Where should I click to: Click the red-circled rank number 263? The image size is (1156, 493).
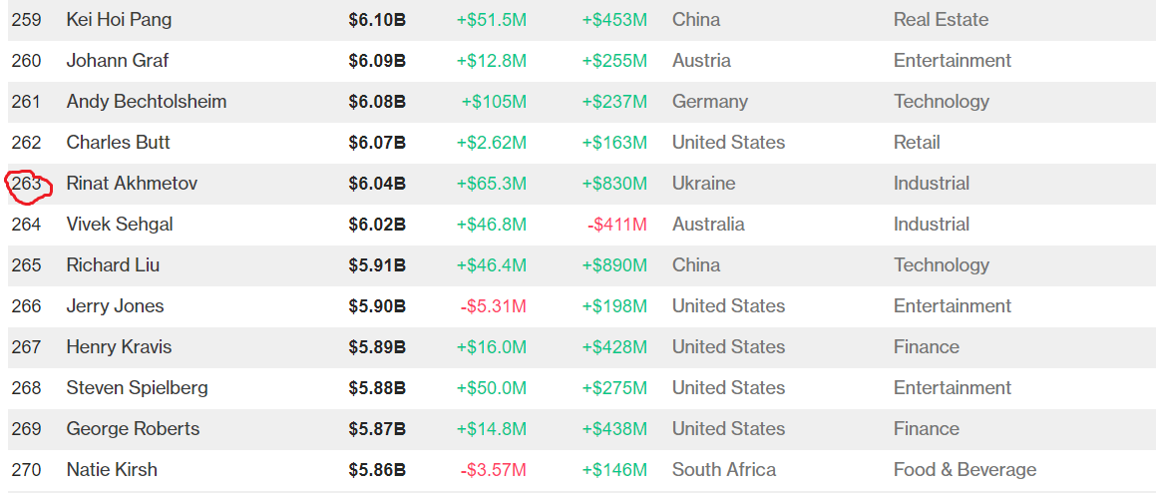pyautogui.click(x=27, y=184)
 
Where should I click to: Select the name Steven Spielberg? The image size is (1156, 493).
pyautogui.click(x=137, y=388)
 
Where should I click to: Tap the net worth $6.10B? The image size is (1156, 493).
pyautogui.click(x=377, y=20)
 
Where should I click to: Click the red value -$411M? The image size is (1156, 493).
pyautogui.click(x=616, y=225)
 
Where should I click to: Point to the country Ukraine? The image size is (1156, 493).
pyautogui.click(x=703, y=184)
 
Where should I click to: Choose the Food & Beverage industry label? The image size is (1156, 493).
pyautogui.click(x=964, y=470)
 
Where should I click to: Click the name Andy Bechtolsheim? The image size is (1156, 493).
pyautogui.click(x=146, y=102)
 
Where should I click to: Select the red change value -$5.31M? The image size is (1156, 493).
pyautogui.click(x=493, y=306)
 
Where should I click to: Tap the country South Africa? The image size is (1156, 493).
pyautogui.click(x=723, y=470)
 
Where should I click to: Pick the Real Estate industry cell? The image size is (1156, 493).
pyautogui.click(x=941, y=20)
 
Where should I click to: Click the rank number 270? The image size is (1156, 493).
pyautogui.click(x=27, y=470)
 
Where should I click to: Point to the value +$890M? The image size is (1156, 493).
pyautogui.click(x=614, y=265)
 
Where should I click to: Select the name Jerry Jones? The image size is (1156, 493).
pyautogui.click(x=115, y=306)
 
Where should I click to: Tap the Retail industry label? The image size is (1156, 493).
pyautogui.click(x=917, y=143)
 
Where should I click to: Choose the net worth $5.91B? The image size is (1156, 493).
pyautogui.click(x=377, y=265)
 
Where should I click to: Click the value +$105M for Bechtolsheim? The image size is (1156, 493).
pyautogui.click(x=494, y=102)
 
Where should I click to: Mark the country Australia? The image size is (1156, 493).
pyautogui.click(x=708, y=225)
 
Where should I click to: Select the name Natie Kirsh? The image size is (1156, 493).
pyautogui.click(x=112, y=470)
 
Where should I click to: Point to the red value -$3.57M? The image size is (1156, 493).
pyautogui.click(x=493, y=470)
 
